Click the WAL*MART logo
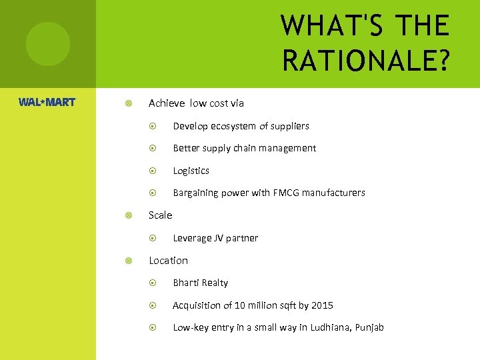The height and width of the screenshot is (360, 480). coord(47,103)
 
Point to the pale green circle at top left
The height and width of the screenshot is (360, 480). coord(47,44)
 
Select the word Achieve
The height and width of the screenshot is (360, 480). coord(167,103)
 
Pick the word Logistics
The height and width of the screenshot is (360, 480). coord(191,171)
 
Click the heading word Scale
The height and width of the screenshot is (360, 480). coord(160,215)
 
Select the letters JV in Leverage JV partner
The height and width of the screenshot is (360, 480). coord(221,238)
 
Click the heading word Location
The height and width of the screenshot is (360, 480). coord(168,261)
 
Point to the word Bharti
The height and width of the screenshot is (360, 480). coord(186,283)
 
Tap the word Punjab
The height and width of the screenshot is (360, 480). coord(369,327)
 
